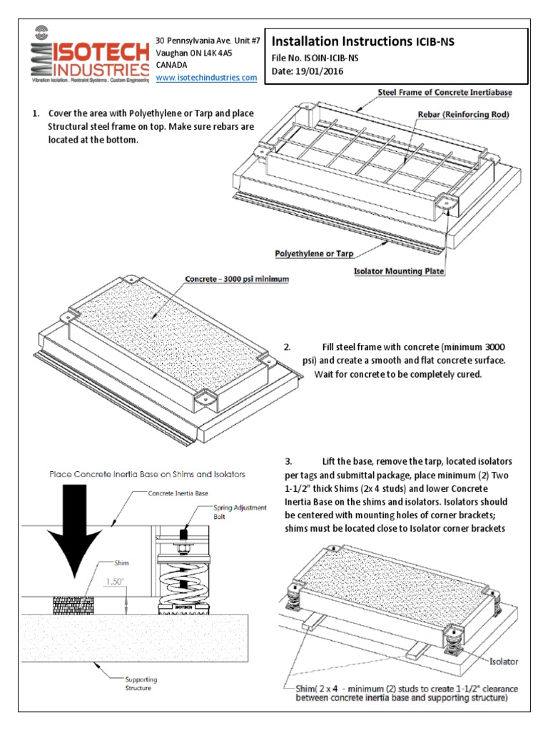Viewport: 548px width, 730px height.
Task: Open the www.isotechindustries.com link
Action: point(206,77)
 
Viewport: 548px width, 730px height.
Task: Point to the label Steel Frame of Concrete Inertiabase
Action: point(445,93)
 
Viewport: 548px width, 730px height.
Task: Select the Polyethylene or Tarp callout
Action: point(314,253)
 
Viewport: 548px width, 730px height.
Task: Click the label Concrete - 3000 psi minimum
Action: point(237,279)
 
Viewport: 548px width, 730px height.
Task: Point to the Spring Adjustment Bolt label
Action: point(240,512)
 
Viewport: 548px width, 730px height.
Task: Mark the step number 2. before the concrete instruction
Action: point(287,347)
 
